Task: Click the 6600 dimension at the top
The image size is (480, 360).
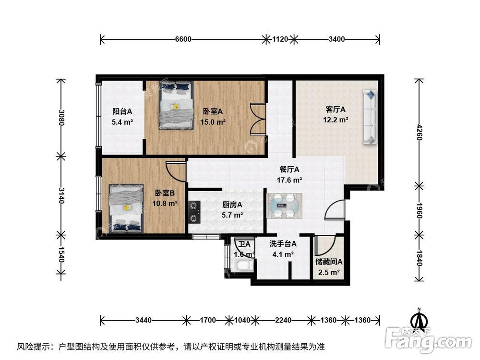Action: (183, 39)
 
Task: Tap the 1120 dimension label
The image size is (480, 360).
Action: (280, 39)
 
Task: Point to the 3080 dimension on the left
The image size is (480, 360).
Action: (61, 118)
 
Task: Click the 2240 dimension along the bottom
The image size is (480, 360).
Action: (283, 320)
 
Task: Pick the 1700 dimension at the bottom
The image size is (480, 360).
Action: (208, 320)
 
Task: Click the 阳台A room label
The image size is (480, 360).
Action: (122, 111)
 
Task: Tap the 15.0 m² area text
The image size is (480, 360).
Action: (213, 122)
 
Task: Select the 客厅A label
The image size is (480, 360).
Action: (336, 109)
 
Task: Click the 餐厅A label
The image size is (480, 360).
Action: (289, 169)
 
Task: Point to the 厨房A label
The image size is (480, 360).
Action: (232, 204)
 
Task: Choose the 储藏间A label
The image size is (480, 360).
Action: (329, 262)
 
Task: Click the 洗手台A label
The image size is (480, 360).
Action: (283, 244)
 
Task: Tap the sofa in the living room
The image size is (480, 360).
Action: (370, 117)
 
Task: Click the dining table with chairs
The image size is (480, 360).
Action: (284, 205)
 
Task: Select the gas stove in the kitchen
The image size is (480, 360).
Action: (194, 212)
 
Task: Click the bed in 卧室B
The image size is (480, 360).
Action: (126, 208)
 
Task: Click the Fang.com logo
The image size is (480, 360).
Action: (428, 339)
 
